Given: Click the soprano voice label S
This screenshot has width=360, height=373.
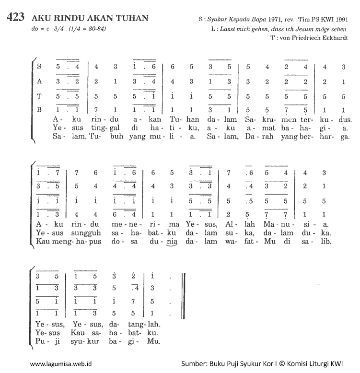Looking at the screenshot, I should coord(39,67).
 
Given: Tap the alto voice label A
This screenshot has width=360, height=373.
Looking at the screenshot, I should coord(39,82).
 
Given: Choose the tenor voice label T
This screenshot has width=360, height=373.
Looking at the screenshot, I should coord(39,96).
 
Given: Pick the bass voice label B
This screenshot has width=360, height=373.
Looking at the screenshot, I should coord(39,110).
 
